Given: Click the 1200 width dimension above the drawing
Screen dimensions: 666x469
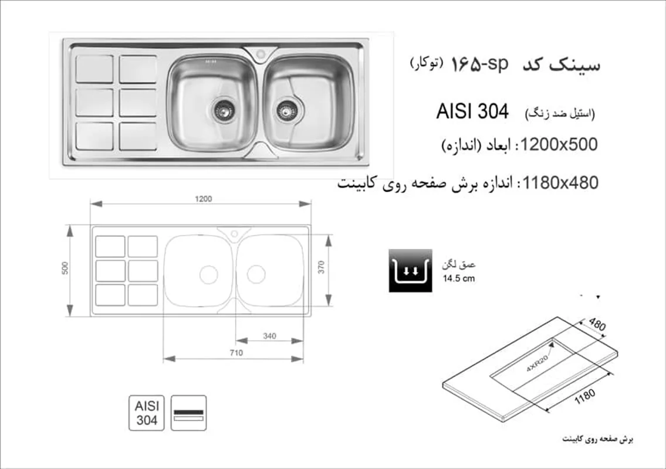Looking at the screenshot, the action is [x=204, y=199].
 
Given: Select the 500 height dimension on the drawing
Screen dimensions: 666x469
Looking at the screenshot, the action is [x=65, y=269].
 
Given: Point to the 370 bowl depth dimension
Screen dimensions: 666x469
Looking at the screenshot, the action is [x=321, y=267].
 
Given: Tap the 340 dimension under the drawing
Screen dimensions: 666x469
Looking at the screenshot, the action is [x=269, y=336].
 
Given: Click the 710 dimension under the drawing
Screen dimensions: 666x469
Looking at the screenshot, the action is [x=236, y=353].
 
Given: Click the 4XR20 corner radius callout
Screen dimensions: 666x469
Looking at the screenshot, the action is [x=537, y=363].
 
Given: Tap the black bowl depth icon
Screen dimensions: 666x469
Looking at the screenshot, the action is [x=410, y=271].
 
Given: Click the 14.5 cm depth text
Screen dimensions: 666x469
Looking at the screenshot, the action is [x=459, y=279].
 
